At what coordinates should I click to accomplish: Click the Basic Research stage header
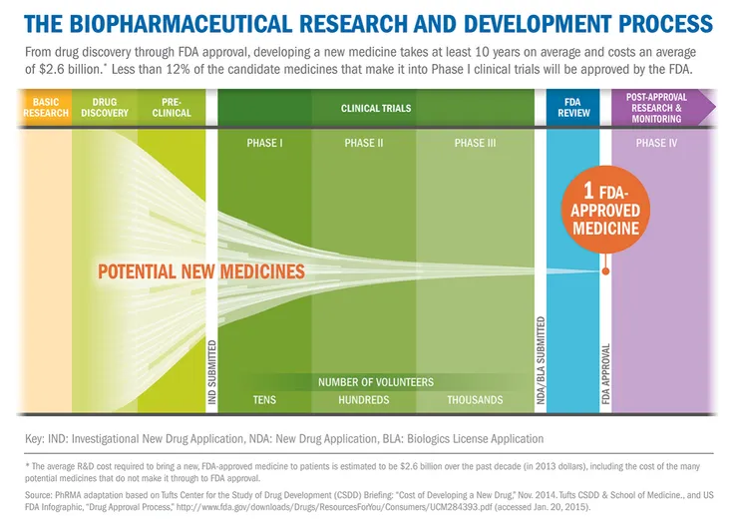(x=46, y=108)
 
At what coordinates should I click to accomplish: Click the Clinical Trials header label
(x=375, y=108)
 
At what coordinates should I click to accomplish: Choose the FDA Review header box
(x=574, y=108)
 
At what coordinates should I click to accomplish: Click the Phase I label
(x=264, y=144)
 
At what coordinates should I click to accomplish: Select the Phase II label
(x=364, y=144)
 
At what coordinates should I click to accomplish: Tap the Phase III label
(x=476, y=144)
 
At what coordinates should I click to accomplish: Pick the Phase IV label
(x=657, y=144)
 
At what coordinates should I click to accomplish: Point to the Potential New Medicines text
(x=200, y=270)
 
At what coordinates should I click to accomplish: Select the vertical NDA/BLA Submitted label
(x=540, y=360)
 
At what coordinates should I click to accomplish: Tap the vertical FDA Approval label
(x=605, y=371)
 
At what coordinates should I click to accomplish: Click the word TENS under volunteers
(x=264, y=400)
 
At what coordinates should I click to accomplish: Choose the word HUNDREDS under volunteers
(x=364, y=400)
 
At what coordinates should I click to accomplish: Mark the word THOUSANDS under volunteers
(x=476, y=400)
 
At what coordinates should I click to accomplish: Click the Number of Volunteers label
(x=376, y=382)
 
